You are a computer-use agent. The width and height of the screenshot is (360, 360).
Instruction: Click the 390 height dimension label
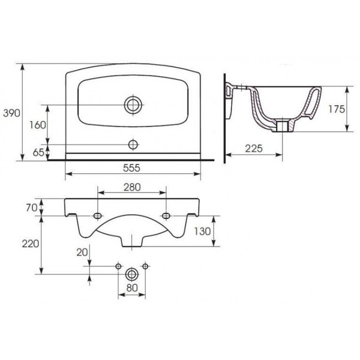click(11, 113)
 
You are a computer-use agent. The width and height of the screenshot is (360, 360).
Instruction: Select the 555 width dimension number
click(131, 168)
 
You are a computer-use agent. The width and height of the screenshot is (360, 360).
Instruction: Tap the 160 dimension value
click(38, 125)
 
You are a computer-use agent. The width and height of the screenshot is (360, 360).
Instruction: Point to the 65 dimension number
click(38, 152)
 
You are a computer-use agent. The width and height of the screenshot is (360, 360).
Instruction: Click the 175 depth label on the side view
click(337, 109)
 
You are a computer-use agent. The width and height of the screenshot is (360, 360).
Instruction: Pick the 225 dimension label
click(253, 149)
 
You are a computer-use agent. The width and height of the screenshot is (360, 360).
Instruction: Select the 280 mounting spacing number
click(132, 187)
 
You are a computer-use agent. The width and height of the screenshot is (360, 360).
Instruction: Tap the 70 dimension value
click(31, 208)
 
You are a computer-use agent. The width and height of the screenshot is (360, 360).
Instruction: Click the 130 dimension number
click(202, 231)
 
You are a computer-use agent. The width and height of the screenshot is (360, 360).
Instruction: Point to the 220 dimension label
click(31, 244)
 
